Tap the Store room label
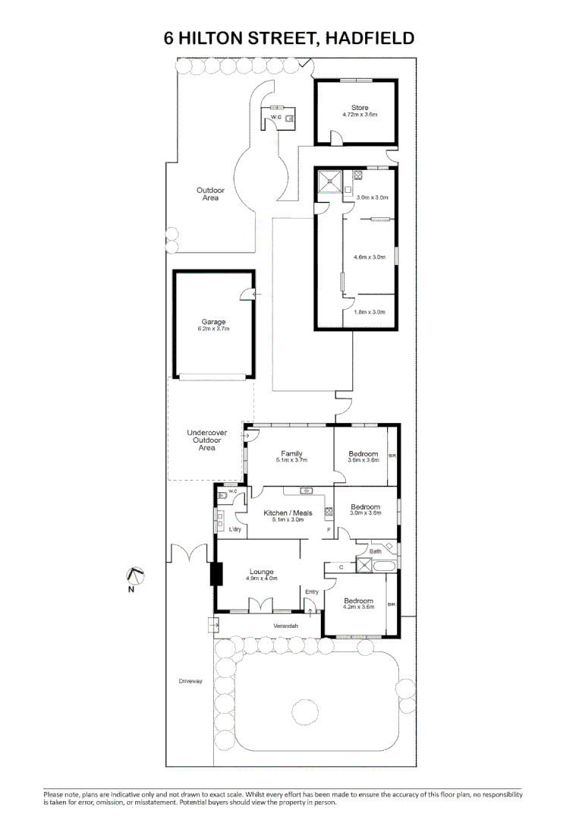(x=359, y=108)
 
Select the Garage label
(x=213, y=322)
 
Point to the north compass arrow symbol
(x=133, y=576)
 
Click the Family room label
(x=291, y=454)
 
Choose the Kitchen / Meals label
(x=288, y=513)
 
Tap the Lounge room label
(x=262, y=572)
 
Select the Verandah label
(x=286, y=626)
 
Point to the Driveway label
(x=190, y=681)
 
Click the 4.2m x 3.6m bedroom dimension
(x=359, y=606)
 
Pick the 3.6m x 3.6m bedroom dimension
(x=363, y=460)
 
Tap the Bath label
(x=375, y=551)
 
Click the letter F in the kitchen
(x=328, y=529)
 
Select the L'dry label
(x=235, y=529)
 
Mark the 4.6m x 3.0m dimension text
(x=370, y=257)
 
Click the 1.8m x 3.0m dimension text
(x=370, y=312)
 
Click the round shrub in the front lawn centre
(x=304, y=711)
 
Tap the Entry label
(x=311, y=591)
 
